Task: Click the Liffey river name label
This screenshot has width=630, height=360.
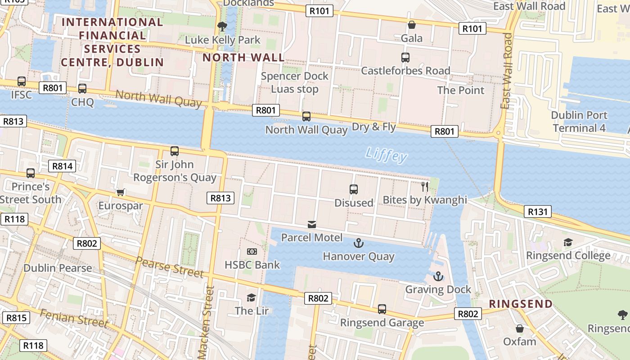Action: [387, 155]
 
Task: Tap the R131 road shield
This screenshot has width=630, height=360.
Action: [538, 211]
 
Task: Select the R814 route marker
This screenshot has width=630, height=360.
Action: [62, 166]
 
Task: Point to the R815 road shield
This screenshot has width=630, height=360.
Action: [16, 318]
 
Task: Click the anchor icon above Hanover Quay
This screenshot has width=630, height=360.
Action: [358, 243]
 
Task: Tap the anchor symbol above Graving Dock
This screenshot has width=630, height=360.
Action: [438, 276]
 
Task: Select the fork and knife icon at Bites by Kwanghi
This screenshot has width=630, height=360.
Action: [425, 186]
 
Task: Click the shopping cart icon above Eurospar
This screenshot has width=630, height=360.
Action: [120, 193]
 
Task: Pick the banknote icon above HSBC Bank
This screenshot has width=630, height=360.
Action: [252, 252]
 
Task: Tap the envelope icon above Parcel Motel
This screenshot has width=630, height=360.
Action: [312, 225]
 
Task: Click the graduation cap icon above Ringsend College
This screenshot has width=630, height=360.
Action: [568, 243]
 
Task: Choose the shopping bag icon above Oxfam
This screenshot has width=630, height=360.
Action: [520, 328]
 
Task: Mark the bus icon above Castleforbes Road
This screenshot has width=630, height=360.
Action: [405, 58]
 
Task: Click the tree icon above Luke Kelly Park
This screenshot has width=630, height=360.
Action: [222, 27]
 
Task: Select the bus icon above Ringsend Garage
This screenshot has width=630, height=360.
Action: [382, 309]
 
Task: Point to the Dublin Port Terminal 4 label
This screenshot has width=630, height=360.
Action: [579, 121]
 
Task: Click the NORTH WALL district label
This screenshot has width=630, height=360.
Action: [243, 58]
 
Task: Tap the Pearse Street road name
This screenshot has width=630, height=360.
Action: [169, 267]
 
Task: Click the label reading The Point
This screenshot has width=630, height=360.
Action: [461, 90]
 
